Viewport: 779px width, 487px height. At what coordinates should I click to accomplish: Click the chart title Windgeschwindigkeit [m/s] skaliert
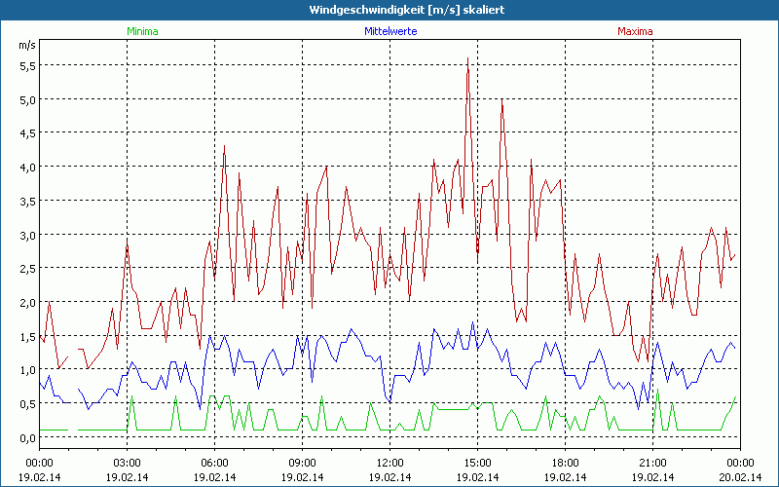coord(392,9)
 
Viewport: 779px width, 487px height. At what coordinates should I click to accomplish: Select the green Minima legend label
coord(141,30)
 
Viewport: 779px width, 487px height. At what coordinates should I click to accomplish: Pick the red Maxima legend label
coord(635,30)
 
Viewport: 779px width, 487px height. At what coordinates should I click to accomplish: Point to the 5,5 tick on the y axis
coord(27,65)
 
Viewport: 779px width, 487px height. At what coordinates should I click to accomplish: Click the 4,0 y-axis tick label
coord(27,167)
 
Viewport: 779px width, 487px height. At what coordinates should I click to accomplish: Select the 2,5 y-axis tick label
coord(27,268)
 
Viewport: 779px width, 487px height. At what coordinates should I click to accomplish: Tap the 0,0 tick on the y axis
coord(27,437)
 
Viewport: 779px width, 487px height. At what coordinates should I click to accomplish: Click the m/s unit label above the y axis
coord(26,45)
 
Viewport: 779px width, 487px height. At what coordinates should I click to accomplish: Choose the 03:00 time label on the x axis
coord(128,462)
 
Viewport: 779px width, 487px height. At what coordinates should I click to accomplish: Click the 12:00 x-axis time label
coord(389,462)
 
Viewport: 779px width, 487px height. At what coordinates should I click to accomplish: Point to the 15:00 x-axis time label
coord(477,462)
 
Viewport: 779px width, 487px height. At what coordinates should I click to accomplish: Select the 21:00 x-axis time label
coord(652,462)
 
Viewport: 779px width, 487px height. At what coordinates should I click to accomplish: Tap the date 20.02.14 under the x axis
coord(740,476)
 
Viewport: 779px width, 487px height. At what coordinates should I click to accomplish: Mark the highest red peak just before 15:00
coord(468,58)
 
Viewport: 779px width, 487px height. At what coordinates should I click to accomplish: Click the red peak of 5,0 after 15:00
coord(501,99)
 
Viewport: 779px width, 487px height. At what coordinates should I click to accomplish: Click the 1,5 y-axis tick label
coord(27,336)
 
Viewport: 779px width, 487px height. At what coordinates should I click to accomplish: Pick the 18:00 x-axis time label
coord(565,462)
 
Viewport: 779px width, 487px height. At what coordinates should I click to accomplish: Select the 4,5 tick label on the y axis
coord(27,132)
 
